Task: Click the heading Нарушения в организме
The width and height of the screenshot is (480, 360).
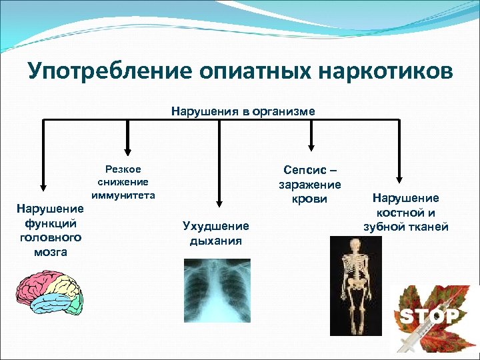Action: (243, 111)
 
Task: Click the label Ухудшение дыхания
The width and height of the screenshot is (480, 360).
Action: (215, 233)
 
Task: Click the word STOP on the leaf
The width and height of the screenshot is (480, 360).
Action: (429, 315)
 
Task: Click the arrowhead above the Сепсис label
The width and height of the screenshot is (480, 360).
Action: (310, 148)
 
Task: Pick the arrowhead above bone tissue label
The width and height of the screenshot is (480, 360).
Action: (399, 179)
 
